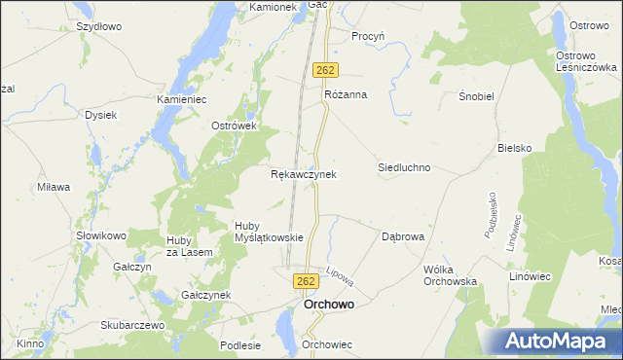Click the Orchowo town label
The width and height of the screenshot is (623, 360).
tap(328, 305)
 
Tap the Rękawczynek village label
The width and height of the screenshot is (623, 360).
tap(303, 175)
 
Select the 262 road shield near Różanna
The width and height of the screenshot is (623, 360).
tap(325, 70)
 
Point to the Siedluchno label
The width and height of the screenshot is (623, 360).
tap(404, 167)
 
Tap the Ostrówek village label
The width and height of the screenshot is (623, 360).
tap(234, 126)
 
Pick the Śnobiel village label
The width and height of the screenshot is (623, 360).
tap(478, 98)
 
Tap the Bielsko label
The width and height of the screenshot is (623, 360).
tap(514, 148)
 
